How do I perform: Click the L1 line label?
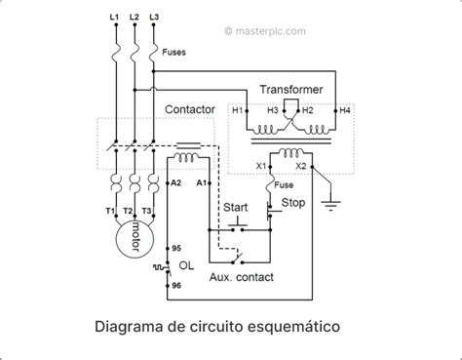pyautogui.click(x=115, y=19)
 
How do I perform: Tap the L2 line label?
pyautogui.click(x=134, y=19)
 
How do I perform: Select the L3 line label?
pyautogui.click(x=153, y=19)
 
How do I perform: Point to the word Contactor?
pyautogui.click(x=190, y=110)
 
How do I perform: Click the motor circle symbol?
pyautogui.click(x=129, y=237)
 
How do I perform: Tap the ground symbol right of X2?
pyautogui.click(x=331, y=204)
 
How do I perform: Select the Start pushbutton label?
pyautogui.click(x=236, y=208)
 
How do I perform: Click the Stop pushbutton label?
pyautogui.click(x=293, y=203)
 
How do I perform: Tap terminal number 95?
pyautogui.click(x=176, y=249)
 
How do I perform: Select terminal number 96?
pyautogui.click(x=176, y=285)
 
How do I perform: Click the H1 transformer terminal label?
pyautogui.click(x=238, y=111)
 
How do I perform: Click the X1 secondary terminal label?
pyautogui.click(x=261, y=166)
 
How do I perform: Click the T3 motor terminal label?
pyautogui.click(x=148, y=211)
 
